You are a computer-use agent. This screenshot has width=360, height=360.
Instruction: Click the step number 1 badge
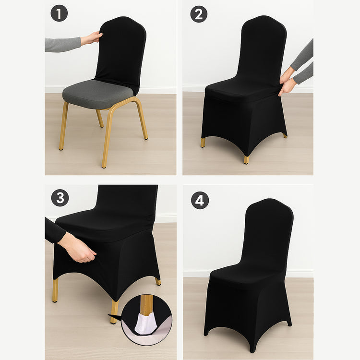[x=60, y=13]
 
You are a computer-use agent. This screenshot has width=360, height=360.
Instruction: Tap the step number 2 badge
[x=199, y=14]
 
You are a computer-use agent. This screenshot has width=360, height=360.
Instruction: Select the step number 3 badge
[x=60, y=198]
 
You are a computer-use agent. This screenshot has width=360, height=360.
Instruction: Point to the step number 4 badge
[x=200, y=200]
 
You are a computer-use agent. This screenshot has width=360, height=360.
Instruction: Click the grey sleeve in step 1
[x=62, y=44]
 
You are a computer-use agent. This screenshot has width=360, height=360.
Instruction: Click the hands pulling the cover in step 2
[x=288, y=82]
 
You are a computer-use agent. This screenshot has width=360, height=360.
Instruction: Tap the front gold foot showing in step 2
[x=246, y=159]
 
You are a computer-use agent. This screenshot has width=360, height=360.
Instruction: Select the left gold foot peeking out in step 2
[x=203, y=142]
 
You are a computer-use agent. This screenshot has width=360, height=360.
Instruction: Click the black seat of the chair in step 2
[x=240, y=90]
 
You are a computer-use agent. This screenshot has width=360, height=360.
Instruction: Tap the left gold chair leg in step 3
[x=55, y=290]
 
